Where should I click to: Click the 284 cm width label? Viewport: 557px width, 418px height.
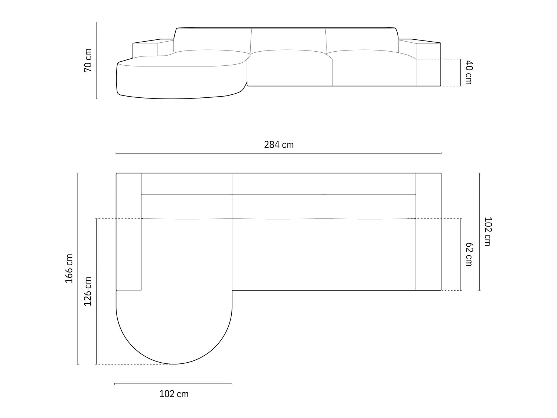[x=278, y=145]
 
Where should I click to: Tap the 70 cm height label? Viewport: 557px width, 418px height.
[x=88, y=61]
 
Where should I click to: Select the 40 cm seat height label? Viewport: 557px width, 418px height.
[x=469, y=72]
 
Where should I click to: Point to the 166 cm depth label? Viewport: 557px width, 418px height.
[x=69, y=268]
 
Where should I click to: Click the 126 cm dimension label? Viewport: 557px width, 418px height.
[x=88, y=291]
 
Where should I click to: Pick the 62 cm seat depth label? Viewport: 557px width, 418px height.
[x=469, y=254]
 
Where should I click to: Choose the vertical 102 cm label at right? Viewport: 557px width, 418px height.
[x=488, y=231]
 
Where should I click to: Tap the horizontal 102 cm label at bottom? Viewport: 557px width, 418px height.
[x=174, y=394]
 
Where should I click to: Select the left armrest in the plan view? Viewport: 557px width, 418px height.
[x=128, y=231]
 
